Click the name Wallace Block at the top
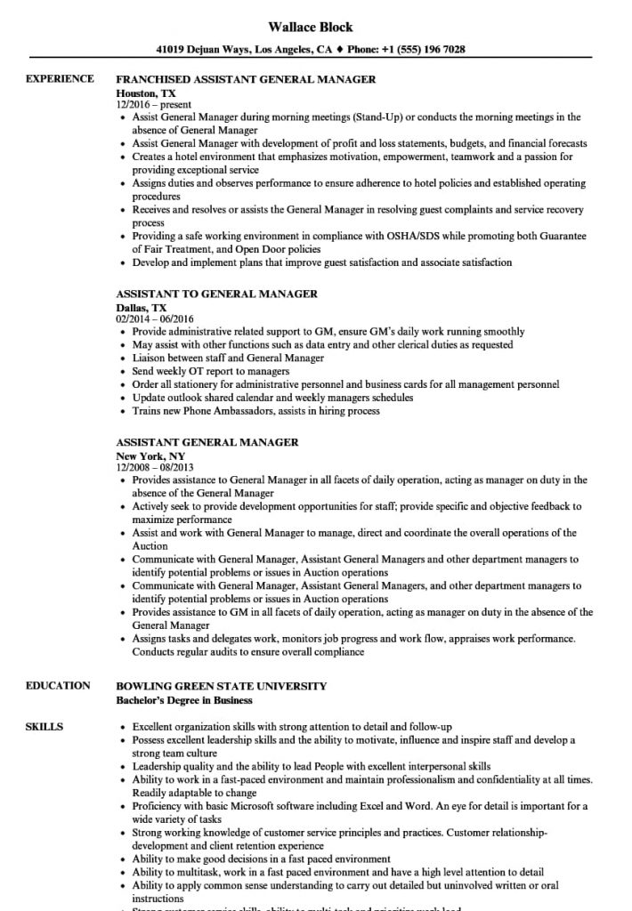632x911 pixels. click(x=315, y=27)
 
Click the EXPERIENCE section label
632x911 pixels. click(x=60, y=79)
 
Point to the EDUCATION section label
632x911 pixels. click(x=58, y=686)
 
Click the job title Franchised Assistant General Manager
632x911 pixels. click(x=246, y=80)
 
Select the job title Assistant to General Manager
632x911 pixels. click(x=216, y=294)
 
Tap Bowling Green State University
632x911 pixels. click(x=222, y=686)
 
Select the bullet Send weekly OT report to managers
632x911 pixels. click(x=210, y=371)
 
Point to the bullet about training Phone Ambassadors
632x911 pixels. click(x=255, y=411)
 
